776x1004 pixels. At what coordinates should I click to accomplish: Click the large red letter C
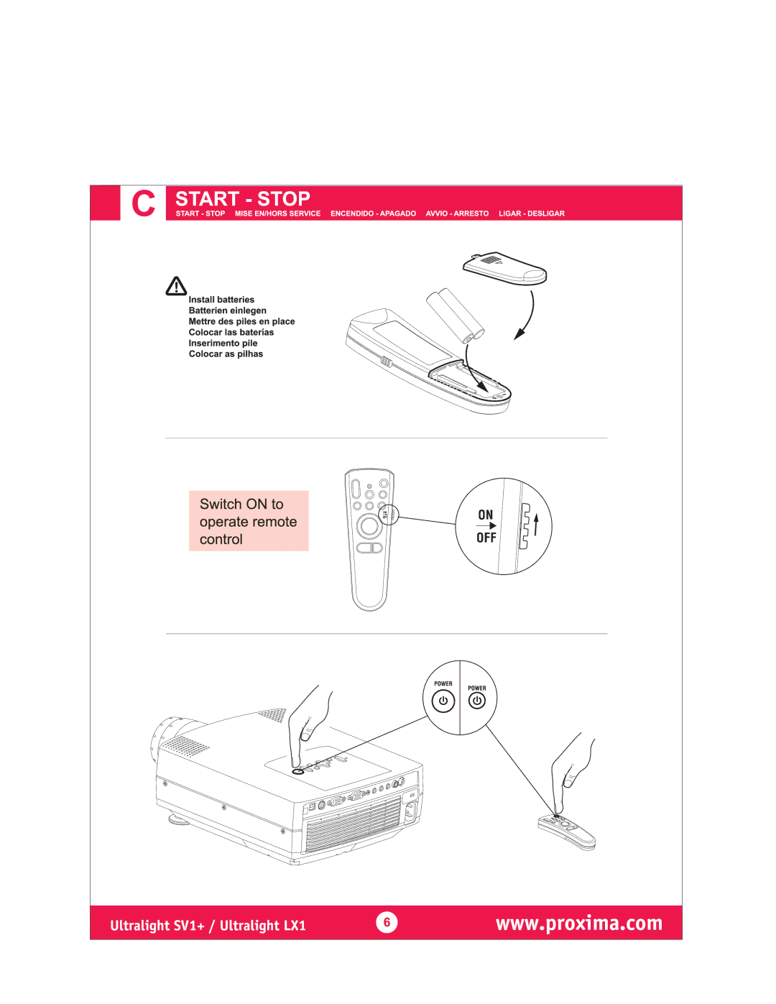point(143,203)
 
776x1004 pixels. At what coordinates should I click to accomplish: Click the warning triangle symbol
point(176,286)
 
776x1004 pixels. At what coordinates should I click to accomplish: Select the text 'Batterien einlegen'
point(227,310)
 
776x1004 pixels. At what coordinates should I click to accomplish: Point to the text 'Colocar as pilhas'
point(226,354)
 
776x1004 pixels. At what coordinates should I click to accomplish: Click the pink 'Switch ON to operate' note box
point(249,521)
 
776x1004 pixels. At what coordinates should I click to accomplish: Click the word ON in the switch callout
point(486,515)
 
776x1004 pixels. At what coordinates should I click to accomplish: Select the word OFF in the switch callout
point(486,538)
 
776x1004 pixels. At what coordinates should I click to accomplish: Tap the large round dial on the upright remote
point(369,525)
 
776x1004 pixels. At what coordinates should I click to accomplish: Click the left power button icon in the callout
point(443,701)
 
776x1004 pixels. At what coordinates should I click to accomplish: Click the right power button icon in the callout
point(477,701)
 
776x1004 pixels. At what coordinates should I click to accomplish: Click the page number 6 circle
point(387,922)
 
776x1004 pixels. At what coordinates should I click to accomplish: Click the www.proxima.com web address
point(579,924)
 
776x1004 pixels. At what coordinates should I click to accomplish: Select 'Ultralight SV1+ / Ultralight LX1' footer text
point(208,926)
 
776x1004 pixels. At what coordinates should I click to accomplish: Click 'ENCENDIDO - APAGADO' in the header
point(373,213)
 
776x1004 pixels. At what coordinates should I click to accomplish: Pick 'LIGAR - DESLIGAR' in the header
point(532,213)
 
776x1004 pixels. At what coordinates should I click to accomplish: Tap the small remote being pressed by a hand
point(567,832)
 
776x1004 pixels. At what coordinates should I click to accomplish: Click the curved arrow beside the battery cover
point(531,316)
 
